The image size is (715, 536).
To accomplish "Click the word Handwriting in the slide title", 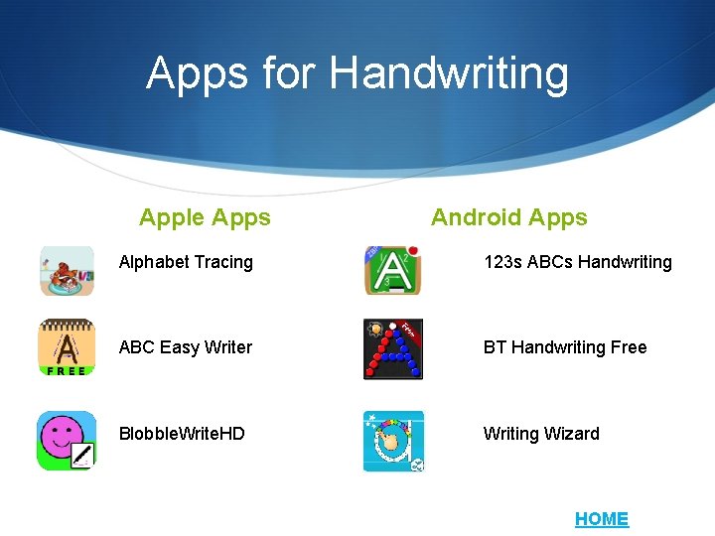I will tap(449, 73).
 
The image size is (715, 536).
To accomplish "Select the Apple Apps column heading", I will tap(205, 217).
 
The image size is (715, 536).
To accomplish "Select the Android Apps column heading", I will tap(509, 217).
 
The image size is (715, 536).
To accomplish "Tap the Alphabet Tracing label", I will tap(186, 262).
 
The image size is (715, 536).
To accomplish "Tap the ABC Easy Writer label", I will tap(186, 347).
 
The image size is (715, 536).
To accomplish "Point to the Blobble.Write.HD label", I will tap(182, 434).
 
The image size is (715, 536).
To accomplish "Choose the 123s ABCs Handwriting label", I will tap(577, 262).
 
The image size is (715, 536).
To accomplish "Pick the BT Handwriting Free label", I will tap(565, 347).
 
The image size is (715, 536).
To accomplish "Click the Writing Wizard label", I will tap(541, 434).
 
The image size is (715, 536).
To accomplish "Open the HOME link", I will tap(602, 519).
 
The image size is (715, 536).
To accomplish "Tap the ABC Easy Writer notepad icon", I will tap(67, 344).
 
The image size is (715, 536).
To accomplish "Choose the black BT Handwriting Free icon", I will tap(393, 349).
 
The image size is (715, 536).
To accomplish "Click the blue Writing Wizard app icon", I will tap(393, 441).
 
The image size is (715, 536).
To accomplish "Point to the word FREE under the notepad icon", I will tap(67, 371).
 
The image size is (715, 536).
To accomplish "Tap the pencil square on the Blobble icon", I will tap(81, 457).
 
